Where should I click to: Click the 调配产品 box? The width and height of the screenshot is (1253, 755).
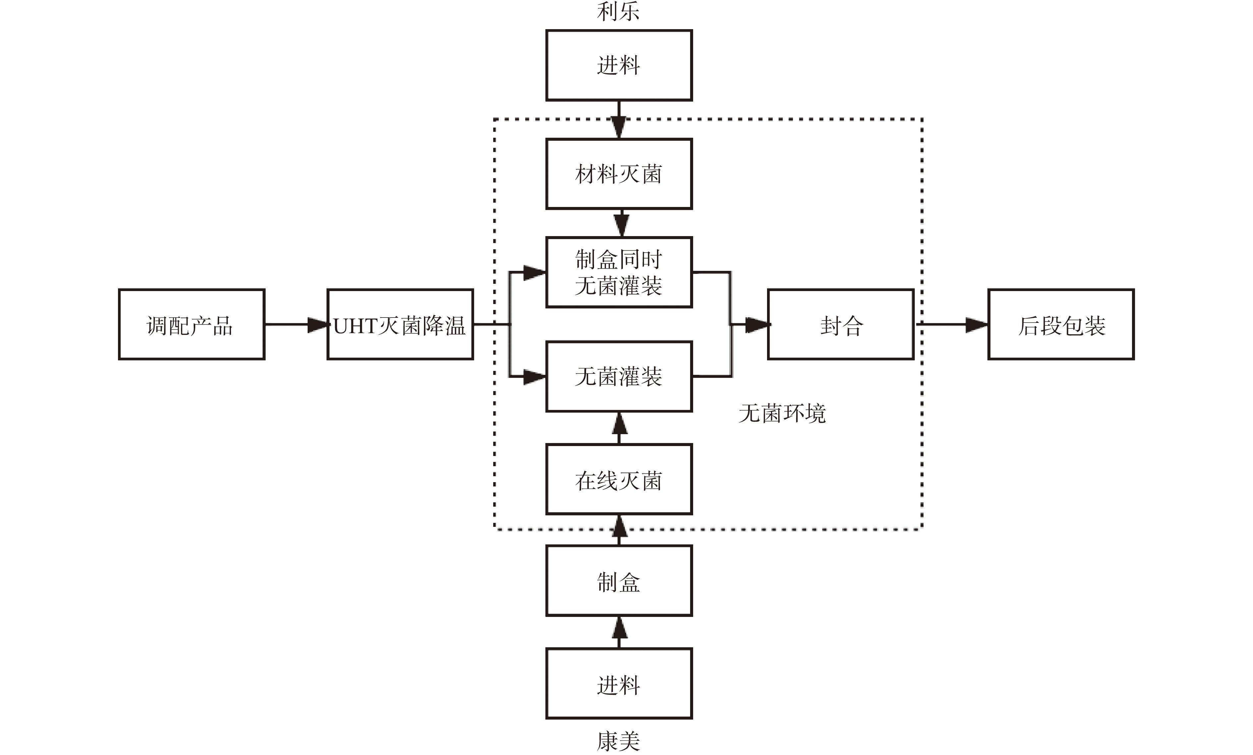pyautogui.click(x=191, y=325)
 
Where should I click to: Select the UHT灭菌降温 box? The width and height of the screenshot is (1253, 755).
pyautogui.click(x=400, y=325)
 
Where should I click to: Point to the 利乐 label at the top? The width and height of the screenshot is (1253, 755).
pyautogui.click(x=618, y=11)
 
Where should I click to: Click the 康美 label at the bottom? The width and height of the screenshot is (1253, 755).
pyautogui.click(x=618, y=741)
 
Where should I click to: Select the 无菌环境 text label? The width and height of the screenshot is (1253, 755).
pyautogui.click(x=782, y=413)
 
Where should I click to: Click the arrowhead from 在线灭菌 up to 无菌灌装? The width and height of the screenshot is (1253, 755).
pyautogui.click(x=619, y=423)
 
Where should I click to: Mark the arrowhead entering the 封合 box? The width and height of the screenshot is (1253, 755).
pyautogui.click(x=757, y=325)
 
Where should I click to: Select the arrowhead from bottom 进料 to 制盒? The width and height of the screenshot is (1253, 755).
pyautogui.click(x=619, y=628)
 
